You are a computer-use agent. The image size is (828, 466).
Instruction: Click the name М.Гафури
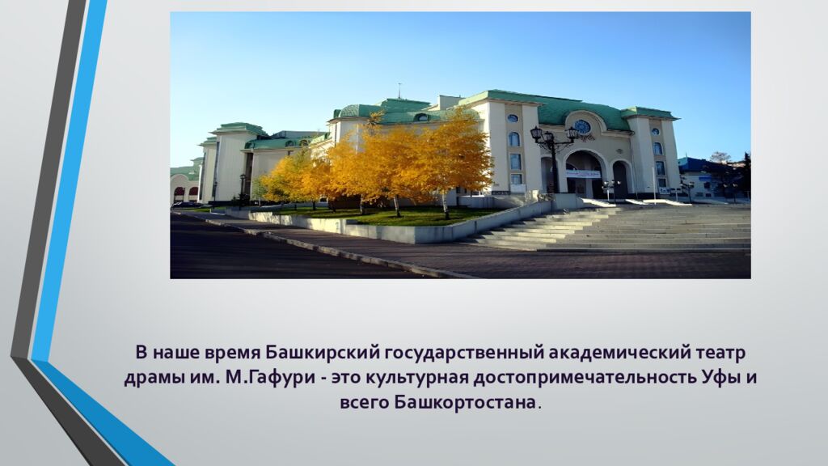[273, 378]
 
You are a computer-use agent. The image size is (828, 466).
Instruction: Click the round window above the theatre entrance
[582, 126]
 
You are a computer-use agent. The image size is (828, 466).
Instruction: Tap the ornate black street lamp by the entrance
[554, 158]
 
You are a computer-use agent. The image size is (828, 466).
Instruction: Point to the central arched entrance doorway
[583, 175]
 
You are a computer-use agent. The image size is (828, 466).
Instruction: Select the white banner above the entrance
[582, 174]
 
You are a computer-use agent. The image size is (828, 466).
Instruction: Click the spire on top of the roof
[399, 90]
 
